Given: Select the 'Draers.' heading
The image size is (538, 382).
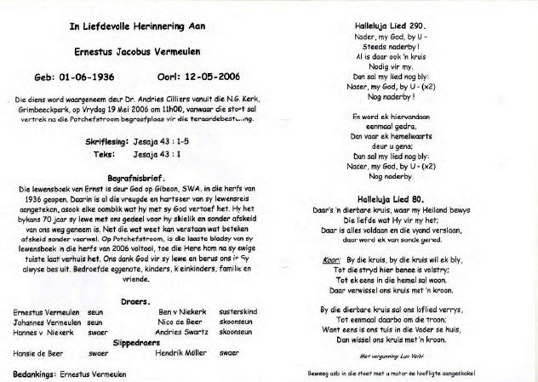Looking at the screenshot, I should pos(136,301).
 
